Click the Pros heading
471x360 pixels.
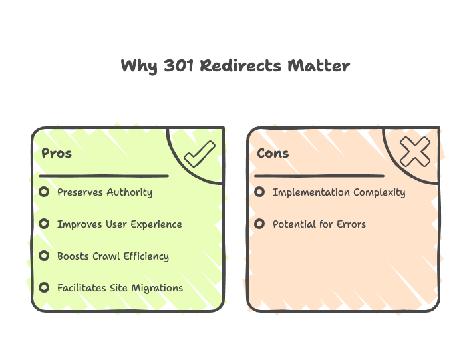57,153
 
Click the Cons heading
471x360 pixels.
273,153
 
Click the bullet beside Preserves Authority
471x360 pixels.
44,192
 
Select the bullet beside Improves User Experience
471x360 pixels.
44,224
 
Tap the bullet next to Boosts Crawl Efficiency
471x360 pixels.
44,256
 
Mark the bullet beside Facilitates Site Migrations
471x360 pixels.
44,288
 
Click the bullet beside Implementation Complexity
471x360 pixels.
259,192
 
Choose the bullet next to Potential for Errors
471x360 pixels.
259,224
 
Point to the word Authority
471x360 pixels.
129,192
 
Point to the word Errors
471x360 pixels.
351,224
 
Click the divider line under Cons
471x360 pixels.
319,176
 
